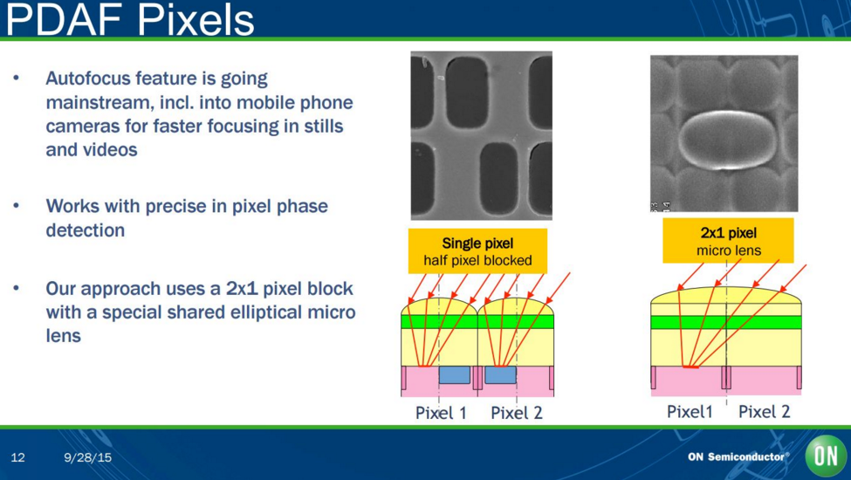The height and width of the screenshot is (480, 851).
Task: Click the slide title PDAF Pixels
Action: click(130, 19)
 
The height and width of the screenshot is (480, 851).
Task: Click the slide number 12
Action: click(18, 457)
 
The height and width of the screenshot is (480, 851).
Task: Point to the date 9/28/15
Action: click(87, 457)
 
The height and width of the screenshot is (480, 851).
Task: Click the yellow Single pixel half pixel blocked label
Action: click(477, 251)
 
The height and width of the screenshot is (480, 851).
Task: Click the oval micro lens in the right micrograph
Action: click(724, 140)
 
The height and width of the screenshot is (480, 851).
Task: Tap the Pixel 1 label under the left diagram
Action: click(441, 413)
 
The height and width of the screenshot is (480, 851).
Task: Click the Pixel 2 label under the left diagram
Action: click(516, 413)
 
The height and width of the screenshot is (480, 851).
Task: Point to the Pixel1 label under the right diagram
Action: click(690, 412)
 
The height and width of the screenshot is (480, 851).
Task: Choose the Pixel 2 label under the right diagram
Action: click(765, 412)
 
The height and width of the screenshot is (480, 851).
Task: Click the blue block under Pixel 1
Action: click(454, 374)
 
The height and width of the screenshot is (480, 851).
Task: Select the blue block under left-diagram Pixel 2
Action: click(500, 374)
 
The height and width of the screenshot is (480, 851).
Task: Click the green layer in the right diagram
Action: click(725, 322)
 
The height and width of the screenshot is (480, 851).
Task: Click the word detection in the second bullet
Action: click(86, 230)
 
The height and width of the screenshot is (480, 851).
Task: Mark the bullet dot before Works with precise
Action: click(17, 206)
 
